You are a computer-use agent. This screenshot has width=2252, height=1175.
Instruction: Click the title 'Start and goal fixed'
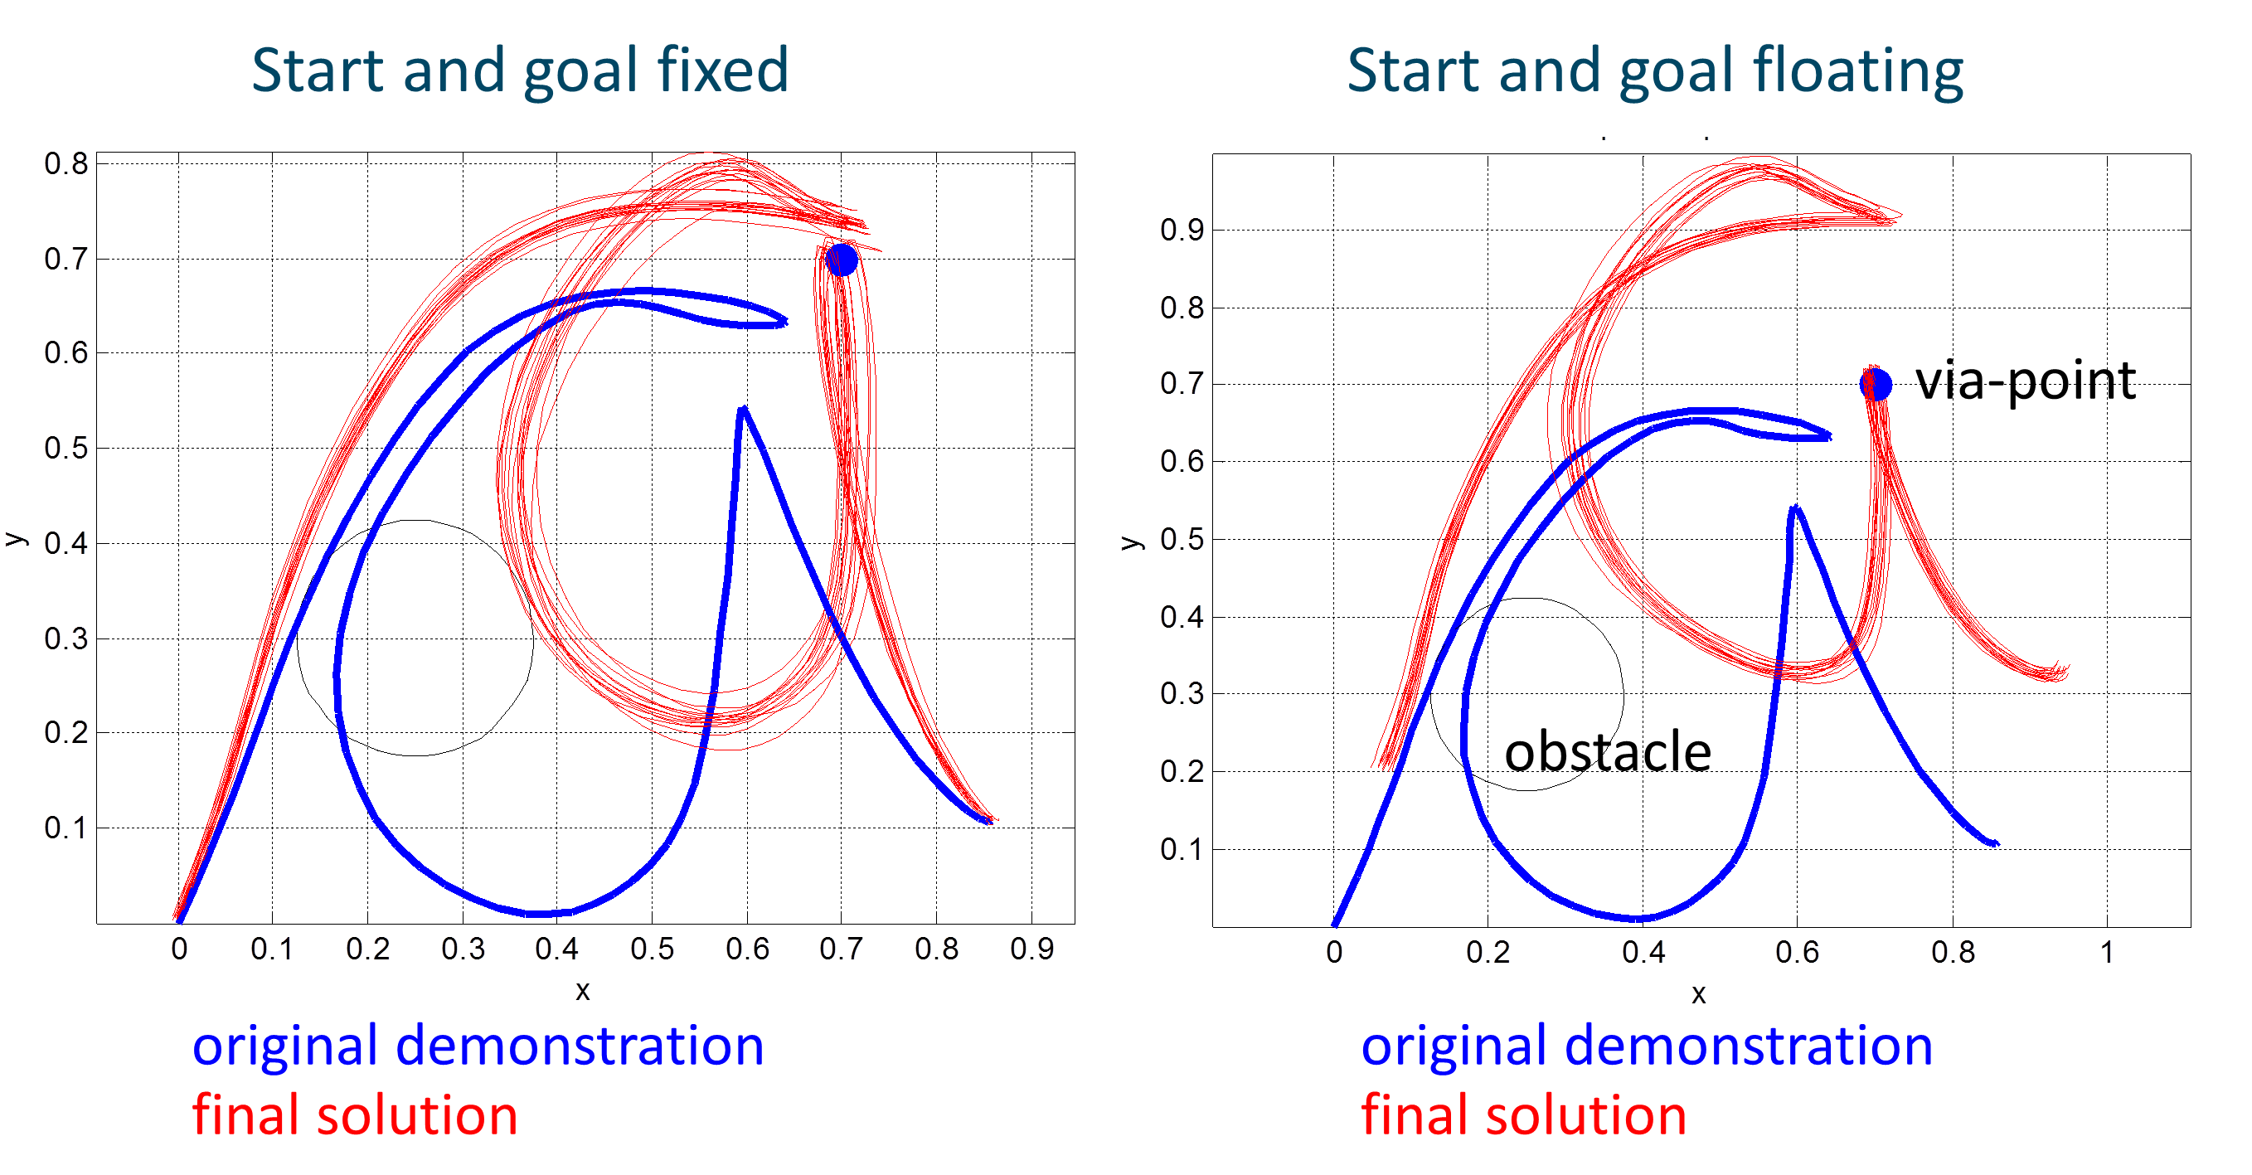click(x=520, y=70)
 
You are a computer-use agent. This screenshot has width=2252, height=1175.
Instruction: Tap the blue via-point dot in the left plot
click(x=841, y=260)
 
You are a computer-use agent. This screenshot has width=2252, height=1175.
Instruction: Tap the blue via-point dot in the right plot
click(x=1876, y=384)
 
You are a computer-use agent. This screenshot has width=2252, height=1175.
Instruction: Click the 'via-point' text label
click(x=2026, y=382)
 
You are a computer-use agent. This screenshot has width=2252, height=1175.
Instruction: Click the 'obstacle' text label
click(x=1607, y=751)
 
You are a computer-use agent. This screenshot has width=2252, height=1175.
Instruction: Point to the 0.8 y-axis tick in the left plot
click(x=66, y=163)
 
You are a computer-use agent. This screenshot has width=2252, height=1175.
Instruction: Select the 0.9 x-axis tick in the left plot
click(x=1031, y=949)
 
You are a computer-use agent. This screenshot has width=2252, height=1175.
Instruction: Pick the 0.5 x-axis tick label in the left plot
click(x=653, y=949)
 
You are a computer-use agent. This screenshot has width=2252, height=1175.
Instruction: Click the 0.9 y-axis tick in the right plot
click(x=1182, y=230)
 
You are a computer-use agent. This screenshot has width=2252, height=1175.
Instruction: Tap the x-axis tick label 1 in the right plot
click(x=2107, y=951)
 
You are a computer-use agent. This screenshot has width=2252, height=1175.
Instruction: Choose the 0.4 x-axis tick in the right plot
click(x=1643, y=951)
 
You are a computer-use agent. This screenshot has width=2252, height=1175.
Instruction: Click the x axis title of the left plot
click(x=582, y=991)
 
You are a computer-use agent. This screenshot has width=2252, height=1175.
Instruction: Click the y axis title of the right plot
click(x=1130, y=543)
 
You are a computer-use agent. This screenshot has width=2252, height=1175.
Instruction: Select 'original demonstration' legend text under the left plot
click(x=478, y=1046)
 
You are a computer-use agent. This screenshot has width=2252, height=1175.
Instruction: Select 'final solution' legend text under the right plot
click(x=1524, y=1115)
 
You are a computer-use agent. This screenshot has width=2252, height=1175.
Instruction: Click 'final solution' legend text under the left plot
click(x=355, y=1115)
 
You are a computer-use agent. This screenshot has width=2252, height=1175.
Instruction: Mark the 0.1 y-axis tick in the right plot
click(x=1182, y=849)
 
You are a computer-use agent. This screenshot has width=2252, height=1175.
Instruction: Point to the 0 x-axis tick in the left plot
click(x=179, y=949)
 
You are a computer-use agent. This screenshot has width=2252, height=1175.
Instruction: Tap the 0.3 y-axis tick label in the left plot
click(x=66, y=638)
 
